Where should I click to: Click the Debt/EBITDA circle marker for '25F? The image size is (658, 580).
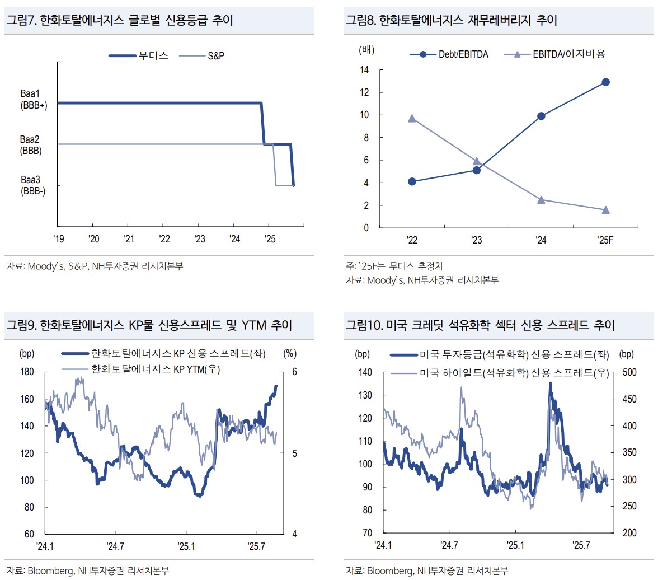click(x=605, y=82)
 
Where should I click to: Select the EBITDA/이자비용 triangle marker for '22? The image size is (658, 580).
click(x=412, y=119)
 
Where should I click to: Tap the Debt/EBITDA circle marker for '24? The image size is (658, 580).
click(x=541, y=116)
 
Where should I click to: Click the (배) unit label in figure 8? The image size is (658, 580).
click(x=366, y=50)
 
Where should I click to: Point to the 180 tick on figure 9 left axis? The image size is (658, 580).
click(x=28, y=372)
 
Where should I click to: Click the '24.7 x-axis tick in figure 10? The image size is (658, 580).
click(x=449, y=545)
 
